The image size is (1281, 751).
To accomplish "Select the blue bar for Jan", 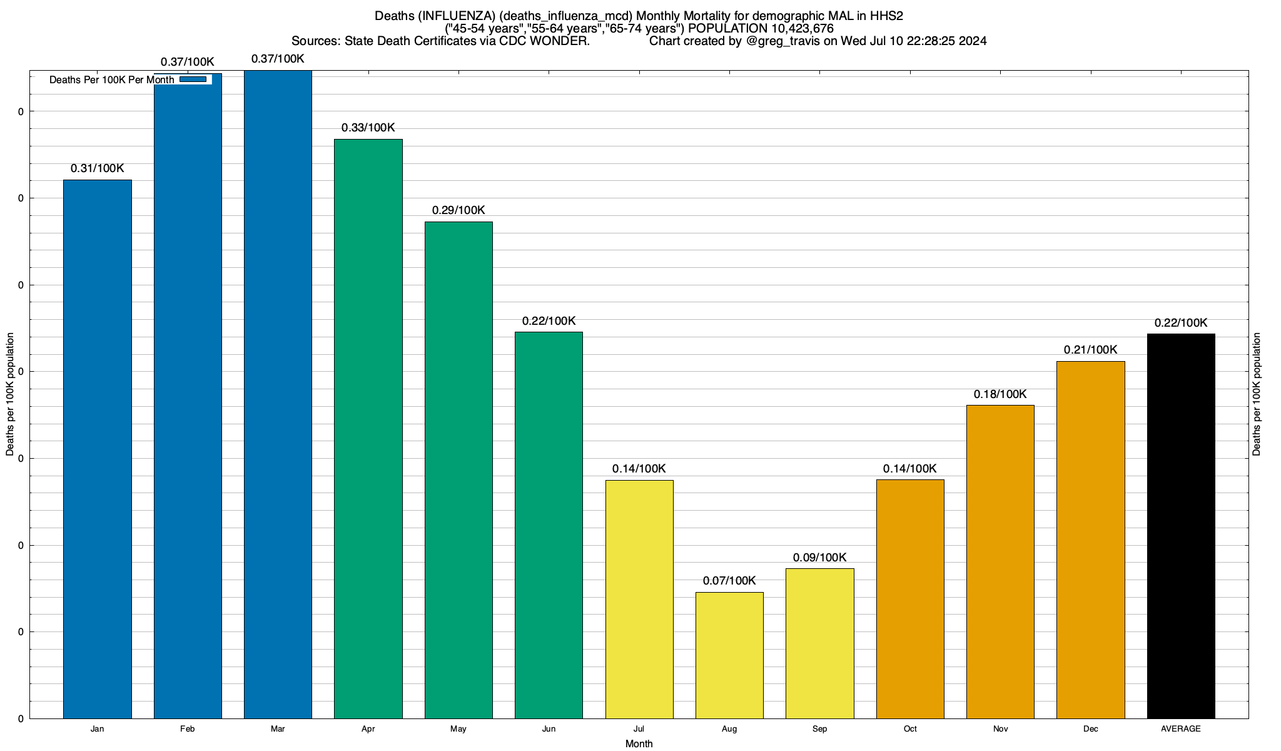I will pos(97,449).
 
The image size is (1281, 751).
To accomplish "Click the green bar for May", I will pos(458,469).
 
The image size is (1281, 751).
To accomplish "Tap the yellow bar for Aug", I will pos(729,655).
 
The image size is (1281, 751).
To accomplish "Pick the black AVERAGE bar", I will pos(1181,526).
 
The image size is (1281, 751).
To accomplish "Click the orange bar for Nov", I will pos(1000,561).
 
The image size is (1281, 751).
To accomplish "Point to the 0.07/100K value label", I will pos(729,581).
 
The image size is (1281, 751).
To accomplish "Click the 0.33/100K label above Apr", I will pos(368,128).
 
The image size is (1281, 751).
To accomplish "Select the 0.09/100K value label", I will pos(819,558).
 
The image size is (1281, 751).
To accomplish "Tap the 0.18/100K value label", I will pos(1000,394).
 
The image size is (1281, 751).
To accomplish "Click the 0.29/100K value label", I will pos(458,210).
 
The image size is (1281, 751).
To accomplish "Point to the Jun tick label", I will pos(549,729).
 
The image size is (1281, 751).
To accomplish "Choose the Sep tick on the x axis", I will pos(819,729).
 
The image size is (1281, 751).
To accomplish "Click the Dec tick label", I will pos(1091,729).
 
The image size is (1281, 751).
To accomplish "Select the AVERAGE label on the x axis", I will pos(1181,729).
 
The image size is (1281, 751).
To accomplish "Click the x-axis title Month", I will pos(639,744).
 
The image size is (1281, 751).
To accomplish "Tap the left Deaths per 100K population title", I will pos(10,394).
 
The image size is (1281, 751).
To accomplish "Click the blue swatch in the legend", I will pos(193,79).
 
